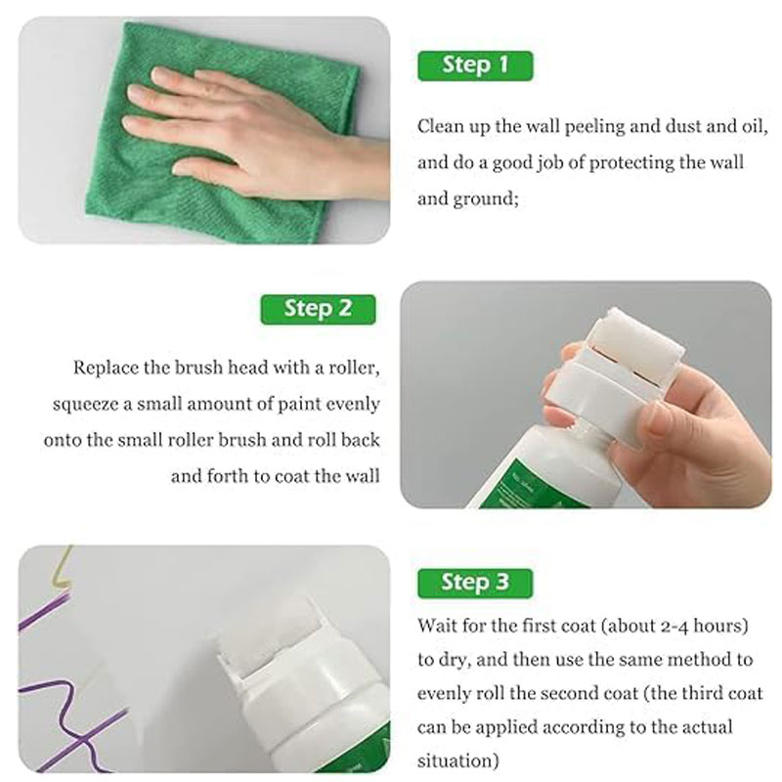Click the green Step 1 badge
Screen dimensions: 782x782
pos(475,65)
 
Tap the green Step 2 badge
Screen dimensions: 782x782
pos(318,309)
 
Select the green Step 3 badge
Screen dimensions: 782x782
pos(475,583)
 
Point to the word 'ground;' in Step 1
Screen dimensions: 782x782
pos(486,199)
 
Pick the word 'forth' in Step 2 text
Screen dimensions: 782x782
pos(227,476)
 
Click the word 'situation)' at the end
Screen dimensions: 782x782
pos(457,761)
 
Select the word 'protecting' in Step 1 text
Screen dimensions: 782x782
pos(630,163)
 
